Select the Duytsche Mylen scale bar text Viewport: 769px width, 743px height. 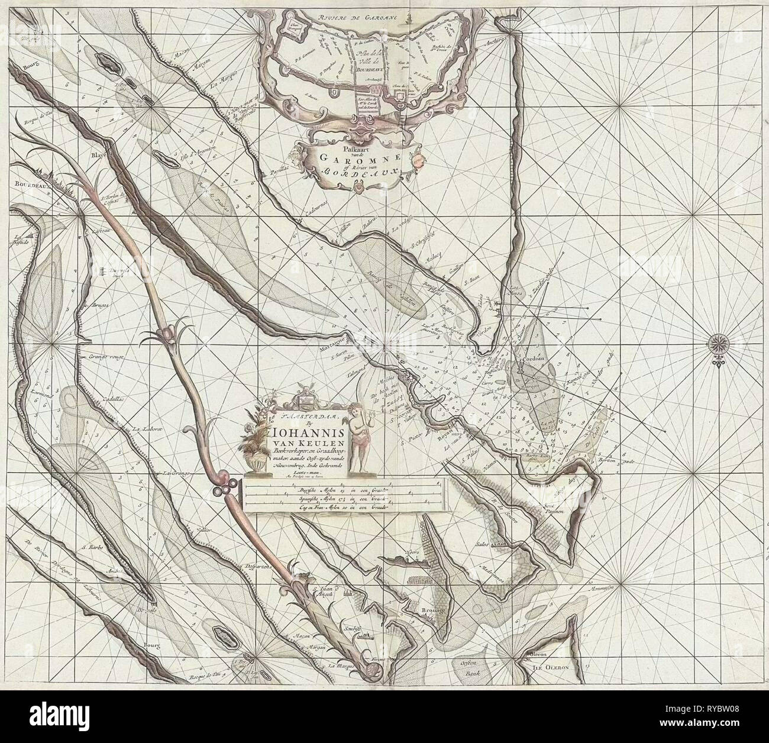pyautogui.click(x=301, y=489)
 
